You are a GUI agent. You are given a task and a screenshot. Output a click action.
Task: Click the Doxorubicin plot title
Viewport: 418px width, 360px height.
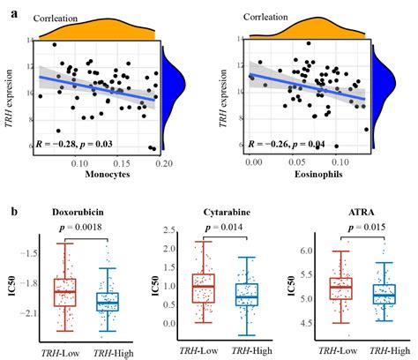[82, 213]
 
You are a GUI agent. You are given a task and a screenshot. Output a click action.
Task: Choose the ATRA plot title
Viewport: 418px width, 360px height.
[355, 213]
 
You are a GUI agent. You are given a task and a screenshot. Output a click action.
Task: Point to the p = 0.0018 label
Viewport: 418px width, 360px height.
[84, 228]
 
